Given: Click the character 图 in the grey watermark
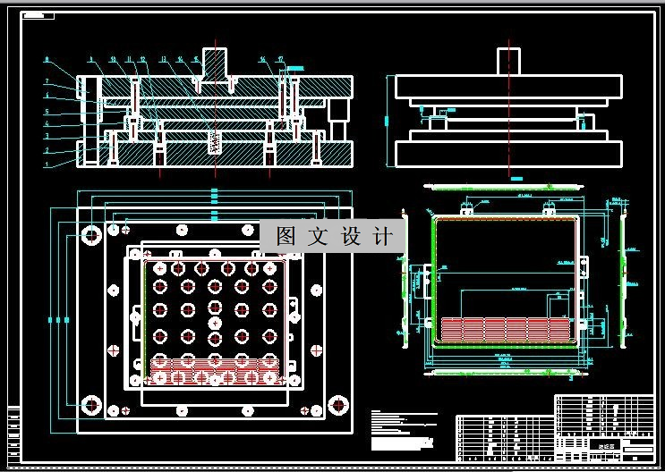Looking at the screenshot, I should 286,237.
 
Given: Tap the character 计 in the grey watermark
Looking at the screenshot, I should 382,237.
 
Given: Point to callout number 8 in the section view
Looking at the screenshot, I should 47,60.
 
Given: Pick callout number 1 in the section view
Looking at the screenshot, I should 47,165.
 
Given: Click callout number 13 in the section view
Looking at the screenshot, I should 163,60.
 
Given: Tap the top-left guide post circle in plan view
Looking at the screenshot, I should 91,235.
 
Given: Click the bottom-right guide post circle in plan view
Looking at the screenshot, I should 338,404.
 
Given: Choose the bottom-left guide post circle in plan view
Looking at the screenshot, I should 91,404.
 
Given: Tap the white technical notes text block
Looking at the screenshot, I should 403,429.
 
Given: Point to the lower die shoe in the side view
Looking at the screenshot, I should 508,154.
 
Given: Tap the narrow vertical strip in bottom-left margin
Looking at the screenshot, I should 13,433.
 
